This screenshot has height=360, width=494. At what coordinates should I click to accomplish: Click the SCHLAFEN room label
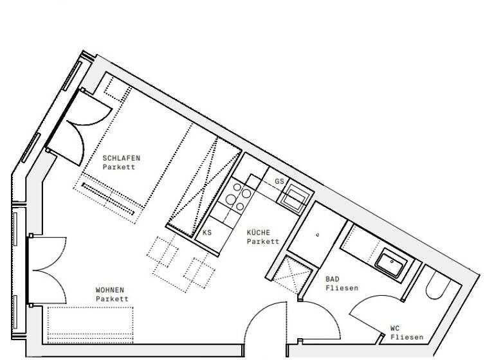tap(121, 157)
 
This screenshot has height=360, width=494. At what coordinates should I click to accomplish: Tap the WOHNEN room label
tap(110, 290)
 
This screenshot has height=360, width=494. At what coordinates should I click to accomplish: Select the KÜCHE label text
tap(259, 233)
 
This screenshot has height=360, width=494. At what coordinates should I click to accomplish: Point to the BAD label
tap(333, 279)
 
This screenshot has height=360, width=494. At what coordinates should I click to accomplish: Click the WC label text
tap(395, 328)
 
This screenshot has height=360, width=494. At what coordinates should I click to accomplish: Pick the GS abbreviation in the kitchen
tap(279, 181)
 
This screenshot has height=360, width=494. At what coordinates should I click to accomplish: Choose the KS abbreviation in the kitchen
tap(207, 233)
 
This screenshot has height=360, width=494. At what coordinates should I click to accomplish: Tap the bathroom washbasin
tap(390, 262)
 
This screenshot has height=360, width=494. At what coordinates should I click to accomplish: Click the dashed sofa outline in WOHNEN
tap(90, 324)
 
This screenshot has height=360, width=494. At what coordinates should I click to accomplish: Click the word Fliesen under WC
tap(407, 337)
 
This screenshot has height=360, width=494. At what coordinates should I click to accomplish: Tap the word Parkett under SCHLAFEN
tap(119, 167)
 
